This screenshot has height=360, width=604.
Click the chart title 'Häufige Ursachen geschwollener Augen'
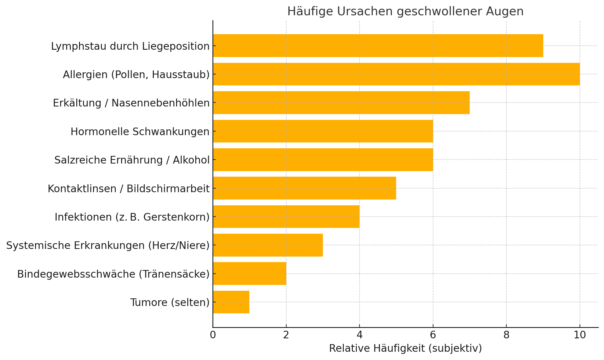[405, 12]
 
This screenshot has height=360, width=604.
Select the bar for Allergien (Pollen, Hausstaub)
[396, 74]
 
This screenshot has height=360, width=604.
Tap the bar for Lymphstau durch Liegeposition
[378, 46]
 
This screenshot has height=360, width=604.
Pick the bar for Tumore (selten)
[231, 302]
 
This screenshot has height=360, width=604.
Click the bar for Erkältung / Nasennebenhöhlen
[341, 103]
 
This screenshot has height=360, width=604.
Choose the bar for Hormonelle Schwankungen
[323, 131]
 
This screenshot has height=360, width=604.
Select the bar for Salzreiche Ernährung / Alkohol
[323, 160]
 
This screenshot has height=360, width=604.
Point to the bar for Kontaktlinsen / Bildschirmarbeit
[305, 188]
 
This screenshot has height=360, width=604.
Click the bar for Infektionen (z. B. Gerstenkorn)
[286, 217]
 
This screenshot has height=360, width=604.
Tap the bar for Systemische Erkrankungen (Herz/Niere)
[268, 245]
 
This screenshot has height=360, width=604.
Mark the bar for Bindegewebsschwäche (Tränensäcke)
[250, 273]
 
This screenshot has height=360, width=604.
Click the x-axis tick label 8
[506, 335]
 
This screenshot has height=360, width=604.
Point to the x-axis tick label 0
[213, 335]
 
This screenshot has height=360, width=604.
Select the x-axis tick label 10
[580, 335]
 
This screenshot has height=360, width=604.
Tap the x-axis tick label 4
[360, 335]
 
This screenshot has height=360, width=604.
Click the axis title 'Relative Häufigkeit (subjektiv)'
[405, 348]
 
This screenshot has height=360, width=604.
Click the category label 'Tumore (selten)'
[170, 302]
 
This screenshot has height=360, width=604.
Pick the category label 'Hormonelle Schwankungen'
[140, 131]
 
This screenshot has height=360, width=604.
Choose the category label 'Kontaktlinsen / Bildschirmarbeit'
[129, 189]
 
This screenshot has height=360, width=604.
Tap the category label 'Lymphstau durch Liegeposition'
[130, 46]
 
